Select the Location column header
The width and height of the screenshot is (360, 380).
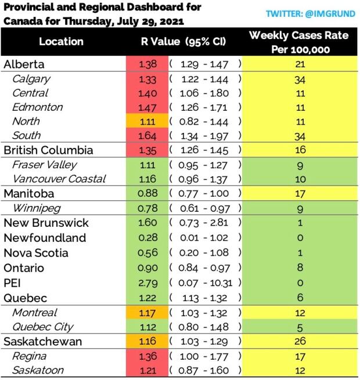coord(61,42)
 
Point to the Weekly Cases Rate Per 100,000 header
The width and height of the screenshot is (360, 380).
coord(298,42)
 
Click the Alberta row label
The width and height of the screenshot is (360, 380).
coord(24,64)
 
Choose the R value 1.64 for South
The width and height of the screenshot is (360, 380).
coord(147,136)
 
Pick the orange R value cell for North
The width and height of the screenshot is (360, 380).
coord(147,121)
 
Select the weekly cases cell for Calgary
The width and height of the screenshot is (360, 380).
coord(299,79)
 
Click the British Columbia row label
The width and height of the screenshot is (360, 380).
coord(48,150)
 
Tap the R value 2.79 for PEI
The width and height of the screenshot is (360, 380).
coord(147,283)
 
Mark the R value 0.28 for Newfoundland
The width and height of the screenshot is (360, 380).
coord(147,238)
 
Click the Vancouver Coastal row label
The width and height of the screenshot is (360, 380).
coord(59,179)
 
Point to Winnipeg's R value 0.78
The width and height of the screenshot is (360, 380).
coord(147,208)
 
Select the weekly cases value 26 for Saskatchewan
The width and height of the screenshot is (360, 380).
coord(299,342)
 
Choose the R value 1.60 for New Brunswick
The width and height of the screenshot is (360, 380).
coord(147,223)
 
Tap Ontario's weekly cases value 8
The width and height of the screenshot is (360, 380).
coord(299,268)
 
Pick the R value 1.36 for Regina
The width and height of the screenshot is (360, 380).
coord(147,356)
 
